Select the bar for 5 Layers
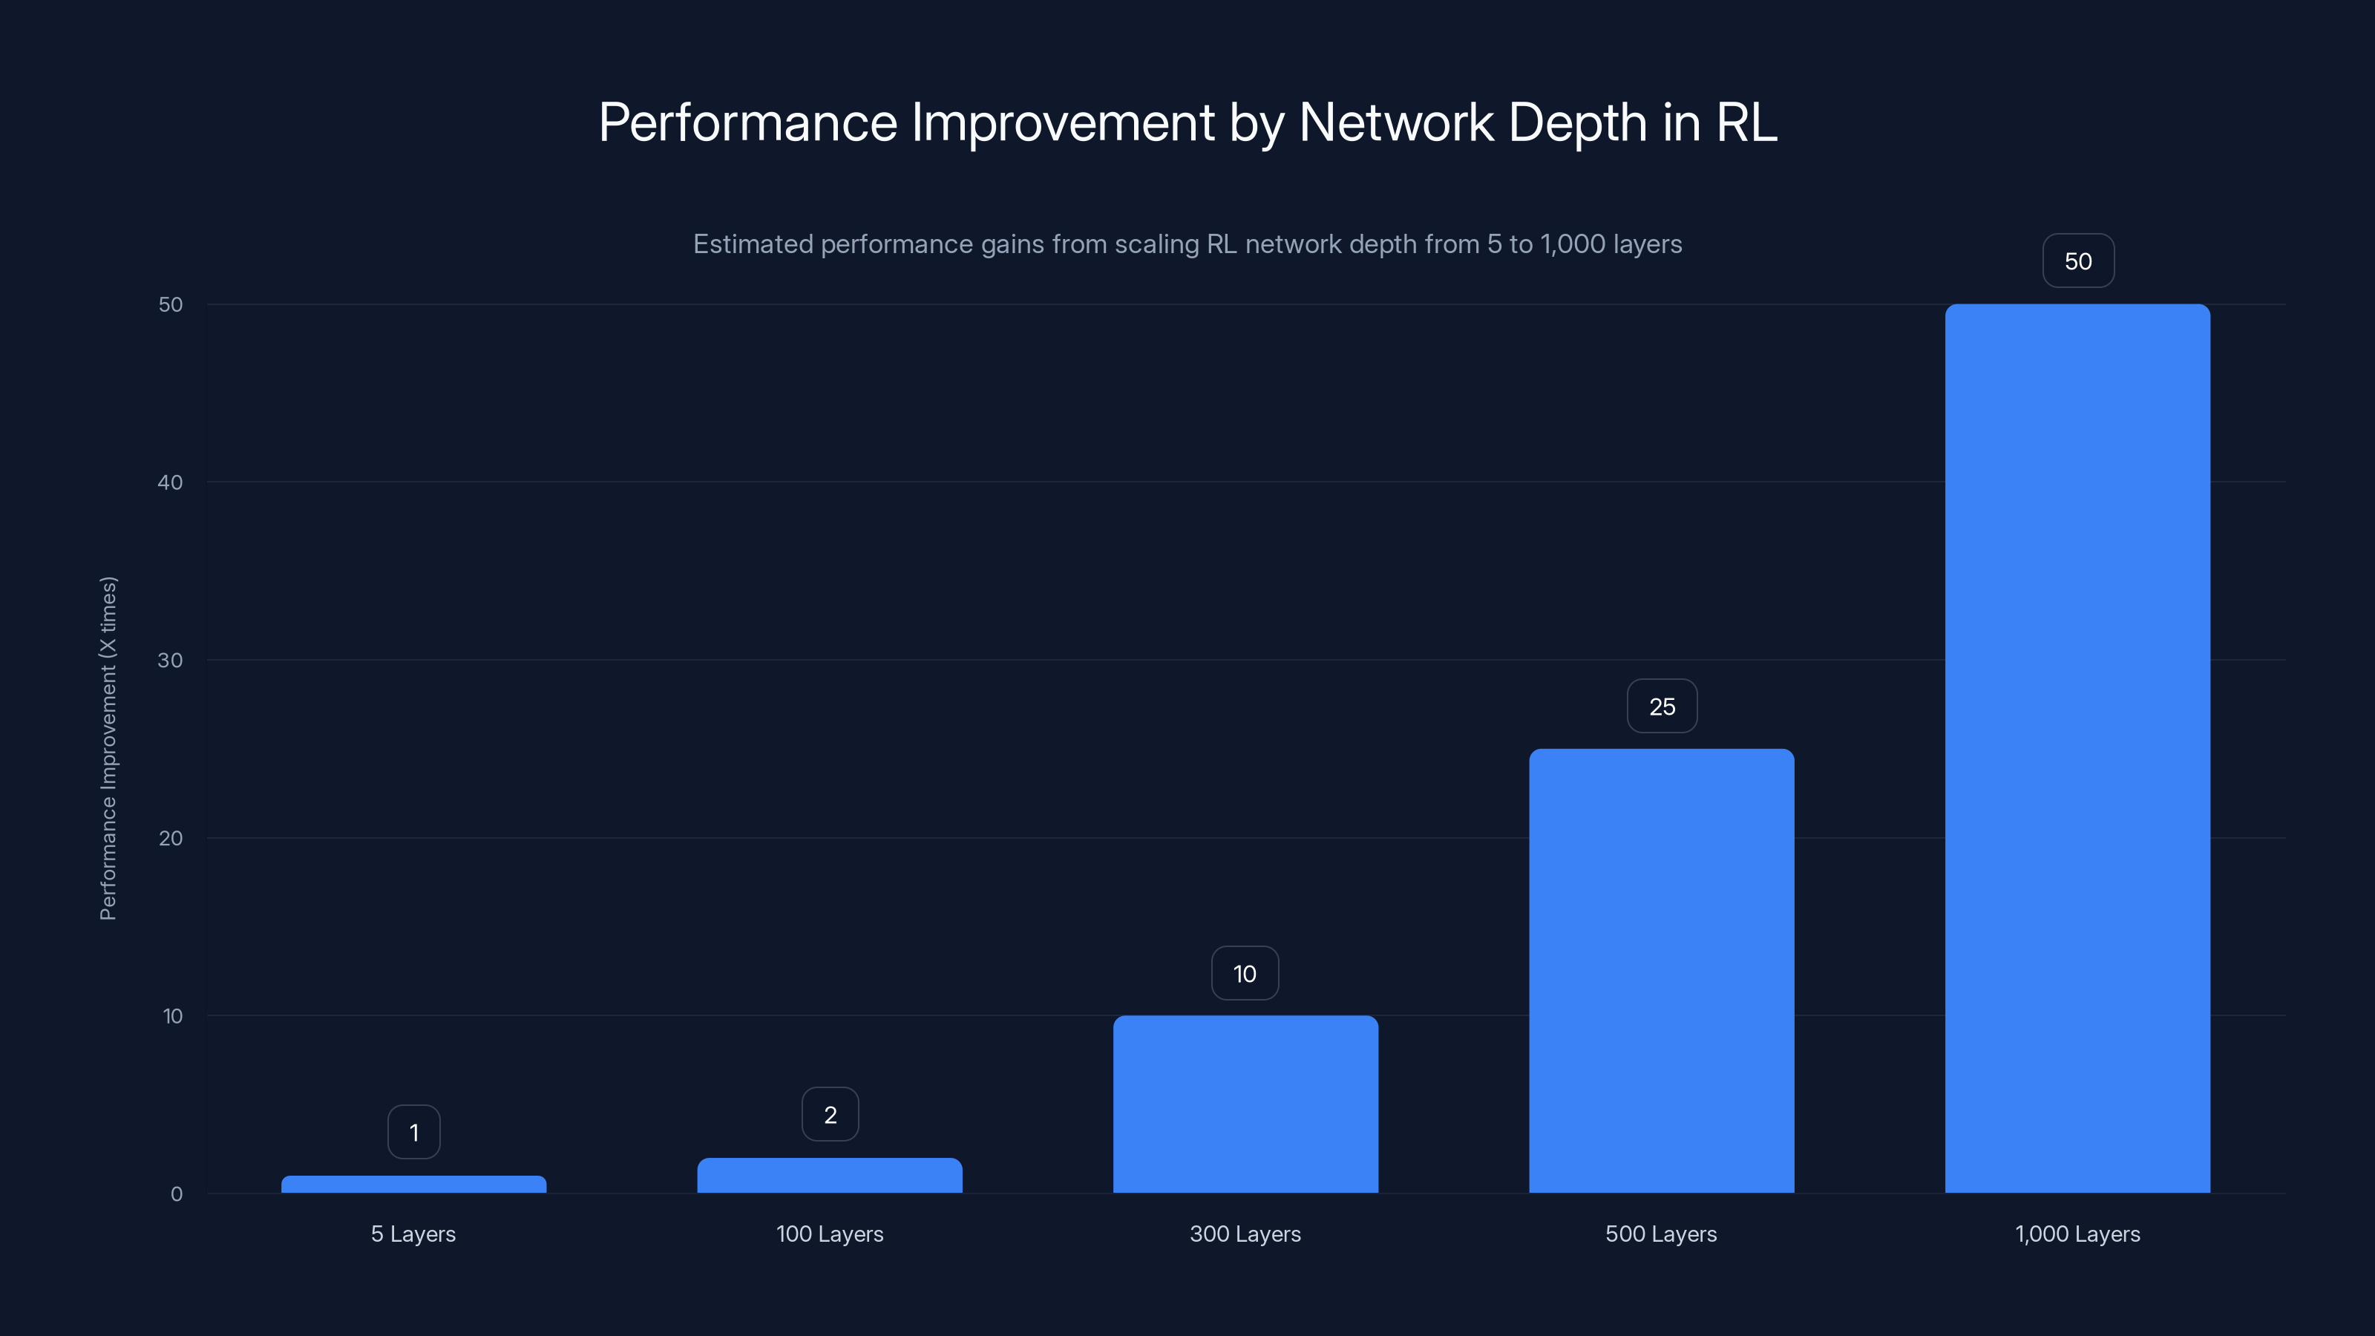click(413, 1184)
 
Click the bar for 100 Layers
click(829, 1175)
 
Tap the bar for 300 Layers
click(1245, 1104)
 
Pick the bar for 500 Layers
click(1662, 970)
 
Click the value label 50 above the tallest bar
click(2077, 261)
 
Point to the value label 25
click(1662, 707)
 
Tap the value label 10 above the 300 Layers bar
click(1245, 974)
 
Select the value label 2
click(830, 1115)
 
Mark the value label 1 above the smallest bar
click(414, 1132)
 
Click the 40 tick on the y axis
click(170, 482)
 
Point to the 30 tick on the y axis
click(170, 660)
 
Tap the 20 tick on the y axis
click(170, 838)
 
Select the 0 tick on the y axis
click(176, 1194)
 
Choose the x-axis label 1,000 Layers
click(2077, 1234)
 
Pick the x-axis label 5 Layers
click(413, 1234)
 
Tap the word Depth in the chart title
click(1576, 122)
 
